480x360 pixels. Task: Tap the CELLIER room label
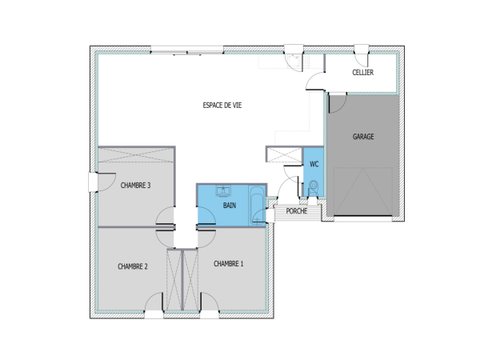364,73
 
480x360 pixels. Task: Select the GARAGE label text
363,137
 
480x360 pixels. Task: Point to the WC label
314,164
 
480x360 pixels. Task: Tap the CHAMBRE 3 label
136,185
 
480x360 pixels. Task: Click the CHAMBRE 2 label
133,266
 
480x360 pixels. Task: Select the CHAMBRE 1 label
229,263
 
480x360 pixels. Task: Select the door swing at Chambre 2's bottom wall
154,303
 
